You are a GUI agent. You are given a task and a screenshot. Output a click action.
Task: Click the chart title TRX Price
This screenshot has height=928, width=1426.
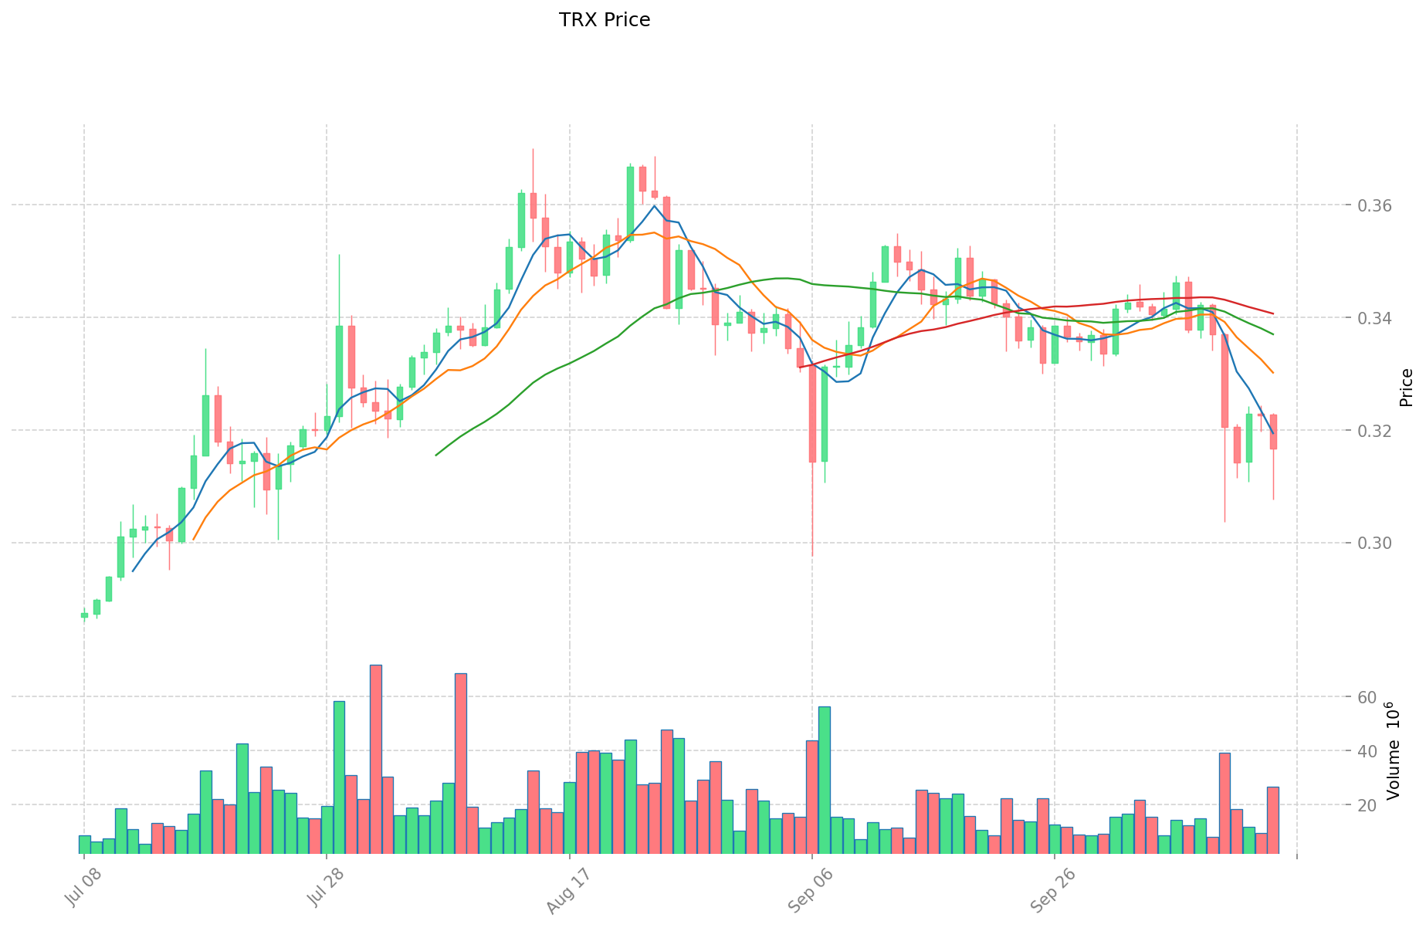tap(605, 20)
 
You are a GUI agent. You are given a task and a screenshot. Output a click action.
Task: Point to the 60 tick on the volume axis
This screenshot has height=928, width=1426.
tap(1367, 697)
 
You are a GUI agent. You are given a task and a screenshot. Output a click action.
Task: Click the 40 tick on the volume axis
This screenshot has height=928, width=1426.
tap(1367, 751)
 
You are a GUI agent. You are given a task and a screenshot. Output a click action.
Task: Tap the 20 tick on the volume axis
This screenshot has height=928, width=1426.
tap(1367, 805)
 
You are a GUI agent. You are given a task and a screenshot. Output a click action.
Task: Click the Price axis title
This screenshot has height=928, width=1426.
tap(1406, 388)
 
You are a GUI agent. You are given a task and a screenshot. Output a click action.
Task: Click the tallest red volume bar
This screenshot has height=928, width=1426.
tap(375, 759)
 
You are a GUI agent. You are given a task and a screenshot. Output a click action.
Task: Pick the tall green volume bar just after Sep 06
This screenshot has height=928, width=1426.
tap(825, 780)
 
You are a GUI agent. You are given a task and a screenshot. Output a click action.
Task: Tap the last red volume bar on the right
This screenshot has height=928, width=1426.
tap(1273, 820)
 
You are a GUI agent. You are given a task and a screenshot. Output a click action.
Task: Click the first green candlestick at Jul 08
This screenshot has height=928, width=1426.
tap(84, 615)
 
